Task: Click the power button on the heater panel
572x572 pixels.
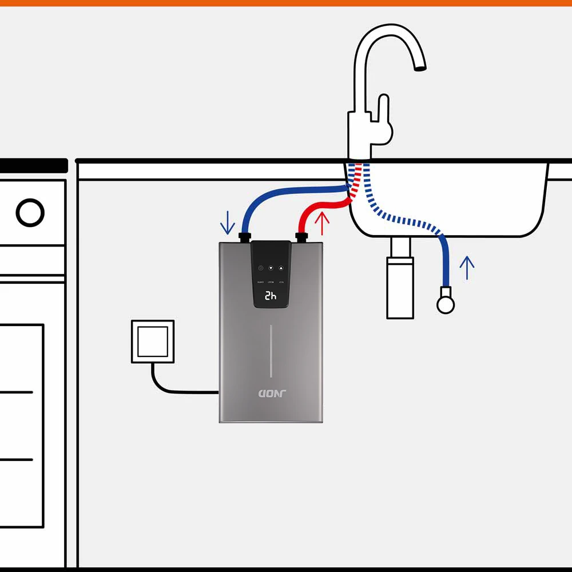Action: point(260,268)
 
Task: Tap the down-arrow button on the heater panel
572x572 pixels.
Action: point(271,268)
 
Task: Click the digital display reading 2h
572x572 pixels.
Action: point(271,296)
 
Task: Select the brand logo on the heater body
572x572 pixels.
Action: point(271,394)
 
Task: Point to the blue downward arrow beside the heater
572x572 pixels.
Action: point(228,223)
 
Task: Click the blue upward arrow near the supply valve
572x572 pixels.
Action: point(467,268)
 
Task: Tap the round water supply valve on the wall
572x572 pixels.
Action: point(446,304)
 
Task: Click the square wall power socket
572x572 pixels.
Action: point(153,341)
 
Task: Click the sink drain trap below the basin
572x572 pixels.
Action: point(400,286)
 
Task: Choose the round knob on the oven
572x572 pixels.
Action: point(30,212)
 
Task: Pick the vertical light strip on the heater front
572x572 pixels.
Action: point(271,352)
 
